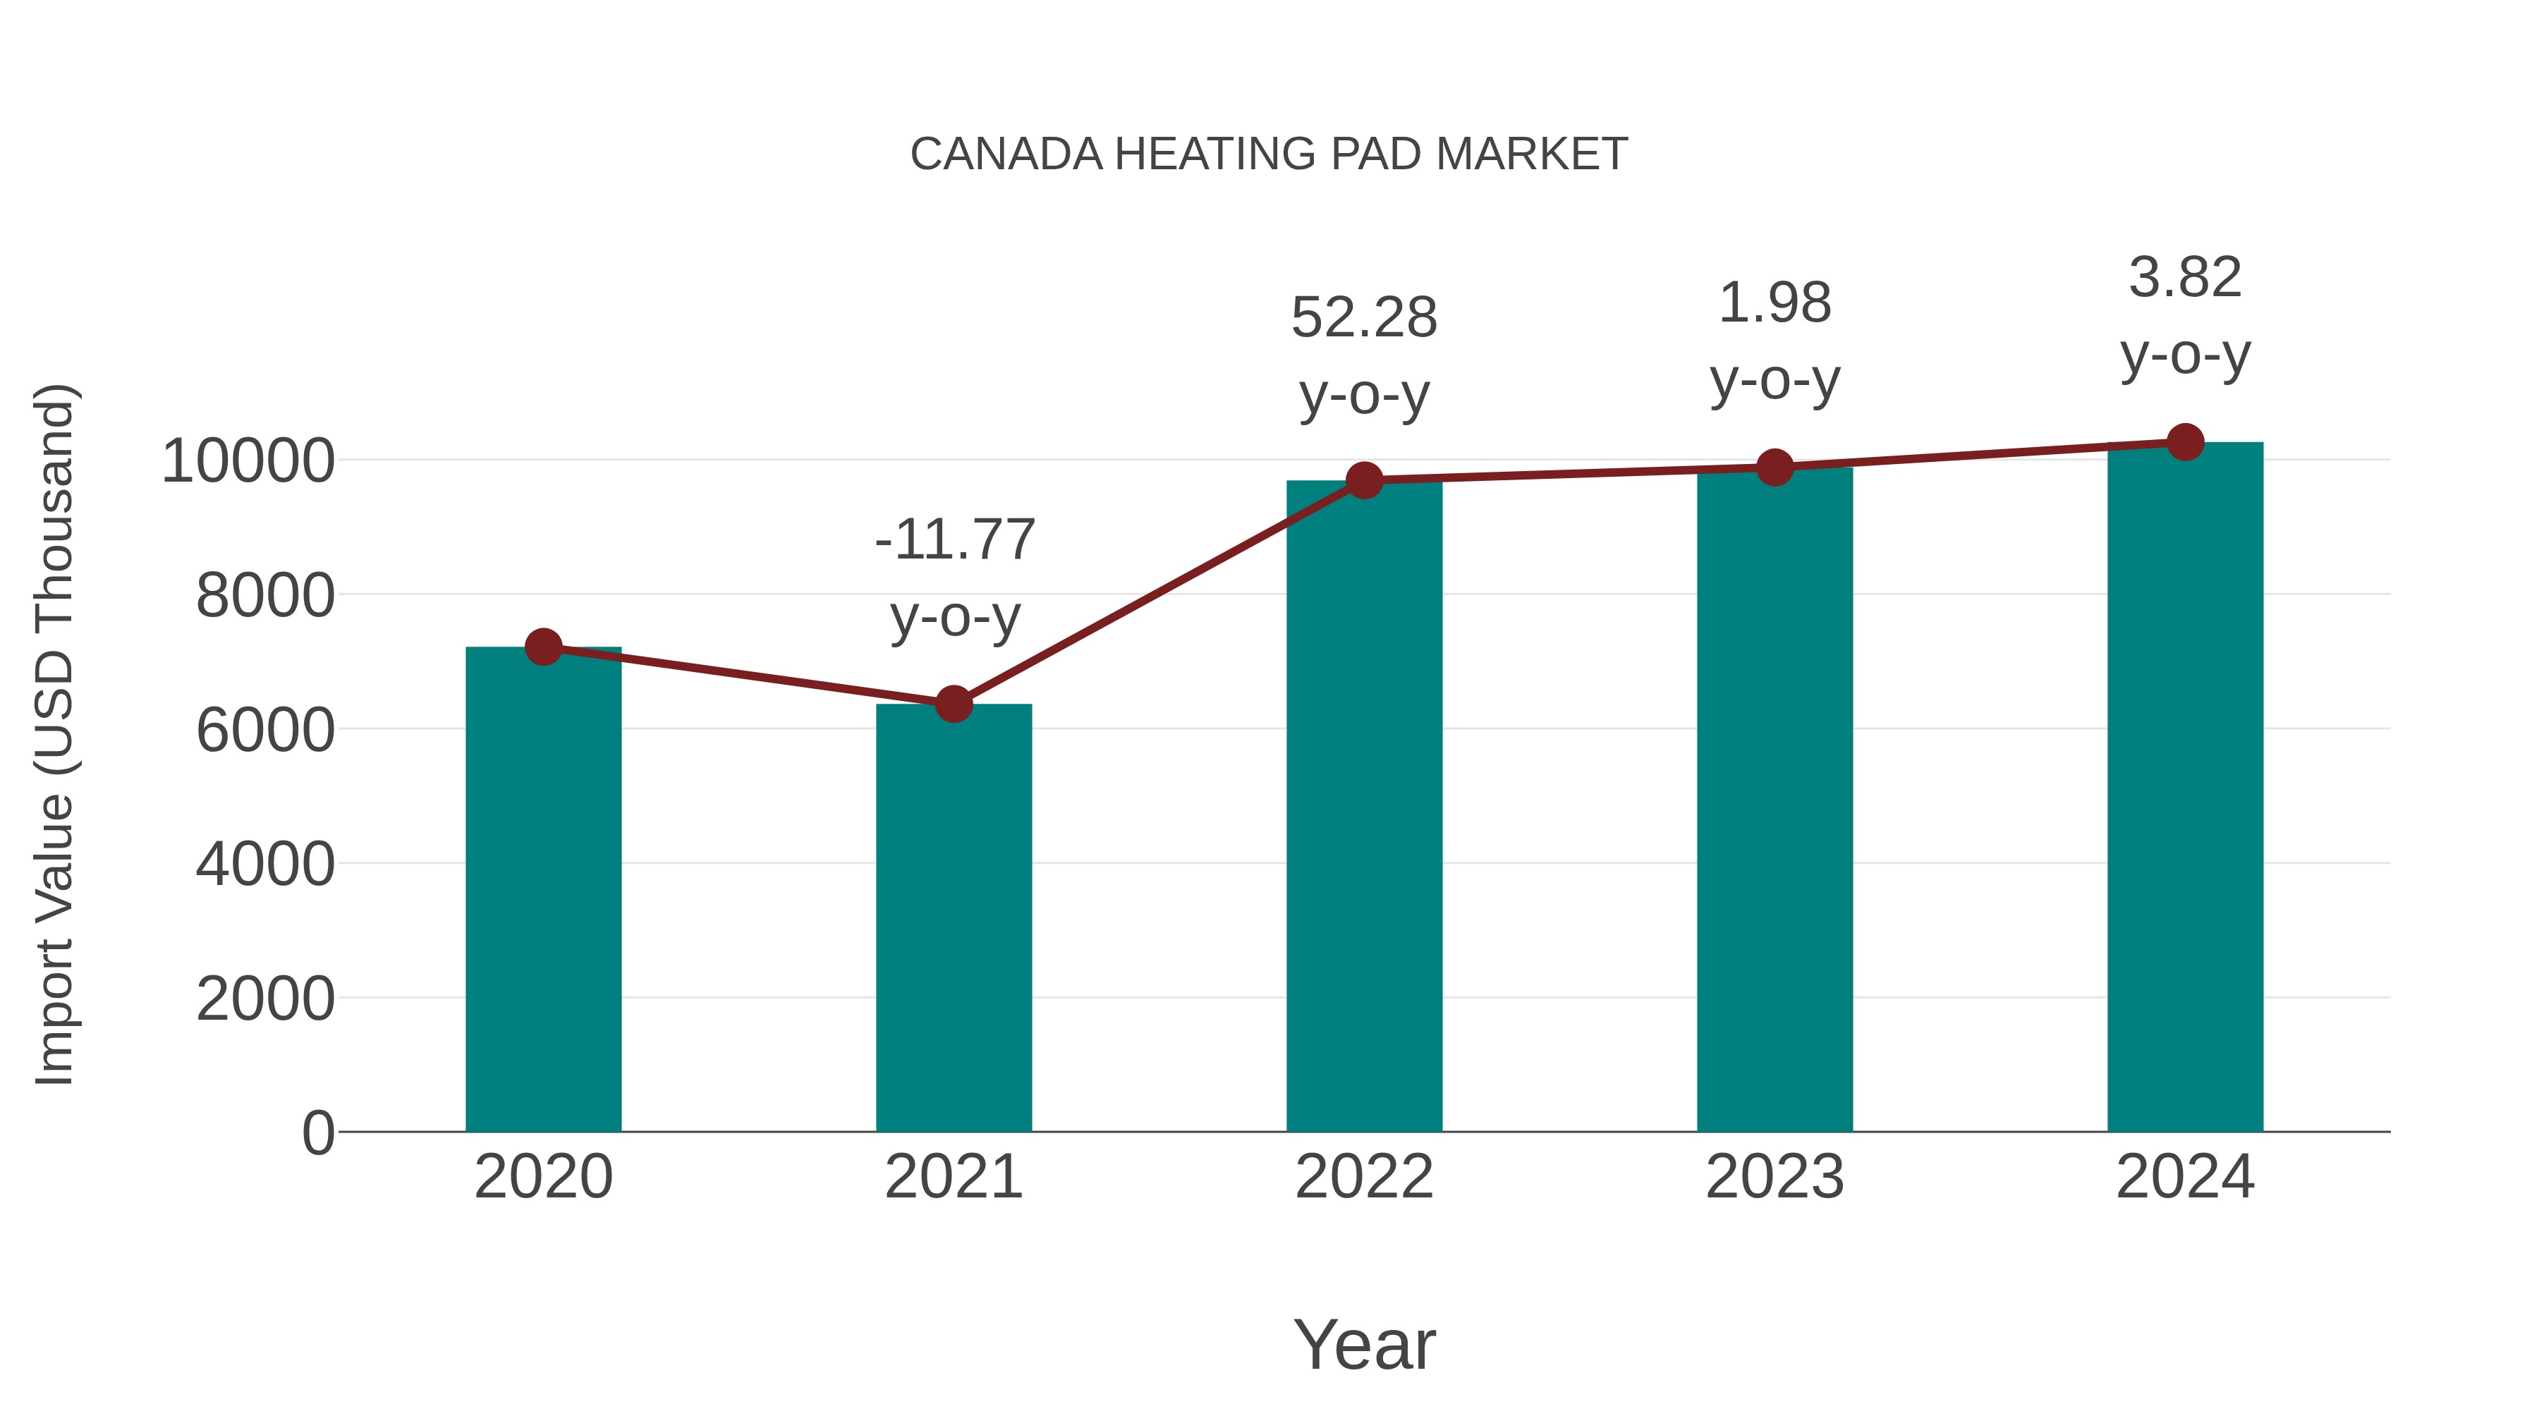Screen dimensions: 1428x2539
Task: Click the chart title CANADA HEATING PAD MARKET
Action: [x=1269, y=154]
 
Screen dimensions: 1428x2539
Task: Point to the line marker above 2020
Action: [x=543, y=647]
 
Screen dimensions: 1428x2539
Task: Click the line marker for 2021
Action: [x=953, y=704]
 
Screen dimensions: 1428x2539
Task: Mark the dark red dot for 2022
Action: [x=1364, y=481]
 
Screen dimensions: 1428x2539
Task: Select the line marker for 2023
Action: [x=1774, y=467]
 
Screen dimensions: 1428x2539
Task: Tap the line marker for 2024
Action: [x=2185, y=442]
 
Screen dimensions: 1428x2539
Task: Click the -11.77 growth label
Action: [x=954, y=540]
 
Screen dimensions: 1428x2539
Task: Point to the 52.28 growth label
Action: [x=1364, y=318]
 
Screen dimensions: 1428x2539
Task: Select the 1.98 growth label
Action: [x=1774, y=303]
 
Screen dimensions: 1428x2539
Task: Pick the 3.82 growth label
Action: [x=2185, y=277]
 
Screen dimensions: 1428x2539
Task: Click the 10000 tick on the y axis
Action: [x=248, y=460]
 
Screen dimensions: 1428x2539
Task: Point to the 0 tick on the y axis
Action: [x=317, y=1133]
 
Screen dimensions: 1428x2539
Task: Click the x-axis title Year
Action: [x=1364, y=1344]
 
